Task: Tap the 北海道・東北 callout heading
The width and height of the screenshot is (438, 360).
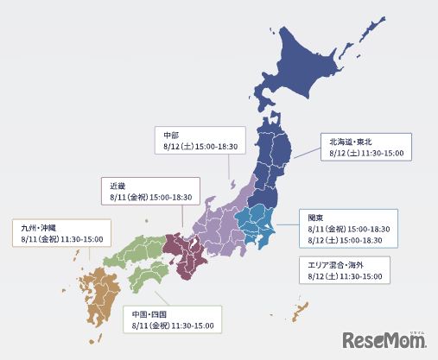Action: tap(350, 140)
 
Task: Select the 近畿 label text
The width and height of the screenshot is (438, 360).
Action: tap(117, 186)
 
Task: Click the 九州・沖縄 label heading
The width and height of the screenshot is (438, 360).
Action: tap(41, 227)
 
